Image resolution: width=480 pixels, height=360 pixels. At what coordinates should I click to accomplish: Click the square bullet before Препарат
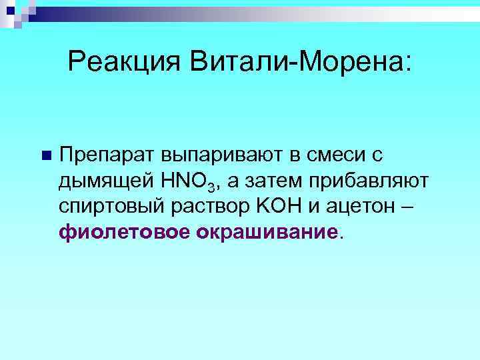coord(45,156)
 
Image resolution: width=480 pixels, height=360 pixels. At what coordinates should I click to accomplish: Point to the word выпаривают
coord(220,156)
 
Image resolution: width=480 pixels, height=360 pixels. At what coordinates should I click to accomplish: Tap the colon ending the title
coord(408,67)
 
